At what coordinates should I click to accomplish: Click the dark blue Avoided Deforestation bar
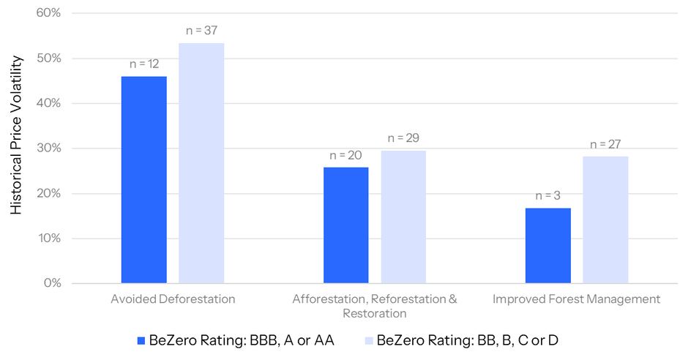(x=144, y=180)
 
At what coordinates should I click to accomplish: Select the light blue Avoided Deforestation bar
(x=201, y=163)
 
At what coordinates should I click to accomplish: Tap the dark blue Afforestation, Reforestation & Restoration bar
(x=346, y=225)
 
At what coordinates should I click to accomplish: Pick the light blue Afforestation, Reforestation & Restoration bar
(x=403, y=217)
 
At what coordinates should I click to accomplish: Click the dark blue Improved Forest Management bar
(x=548, y=246)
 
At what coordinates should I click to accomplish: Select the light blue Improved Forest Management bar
(x=605, y=220)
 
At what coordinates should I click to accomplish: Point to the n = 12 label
(x=144, y=64)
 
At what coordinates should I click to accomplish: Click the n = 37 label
(x=201, y=31)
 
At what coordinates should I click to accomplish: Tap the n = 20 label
(x=346, y=155)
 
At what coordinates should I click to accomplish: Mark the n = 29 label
(x=403, y=138)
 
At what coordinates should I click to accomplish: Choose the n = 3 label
(x=548, y=195)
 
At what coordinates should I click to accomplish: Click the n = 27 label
(x=605, y=143)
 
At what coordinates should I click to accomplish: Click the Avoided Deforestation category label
(x=173, y=299)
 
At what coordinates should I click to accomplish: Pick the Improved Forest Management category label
(x=576, y=299)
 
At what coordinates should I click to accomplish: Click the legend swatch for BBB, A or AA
(x=141, y=340)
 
